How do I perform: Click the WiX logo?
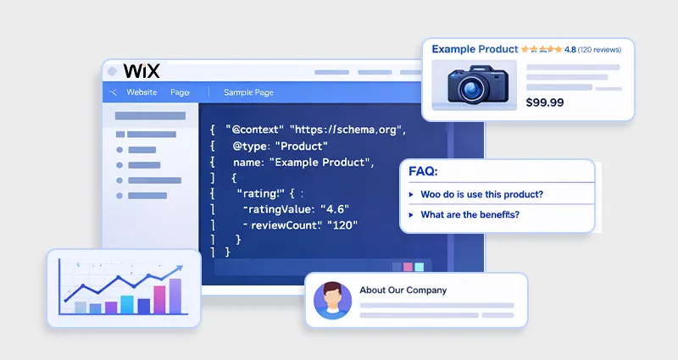click(x=141, y=70)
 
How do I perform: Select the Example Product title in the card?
click(x=475, y=49)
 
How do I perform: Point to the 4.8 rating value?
click(x=570, y=50)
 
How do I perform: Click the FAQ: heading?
click(x=423, y=171)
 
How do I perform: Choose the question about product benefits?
click(x=470, y=214)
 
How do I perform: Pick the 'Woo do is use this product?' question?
click(x=481, y=194)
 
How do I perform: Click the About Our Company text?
click(x=403, y=291)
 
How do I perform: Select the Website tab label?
click(x=142, y=92)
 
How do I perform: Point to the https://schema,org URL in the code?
click(x=348, y=130)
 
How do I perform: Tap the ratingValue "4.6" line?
click(x=297, y=209)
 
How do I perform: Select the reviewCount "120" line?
click(x=303, y=225)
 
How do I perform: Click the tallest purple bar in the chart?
click(x=175, y=296)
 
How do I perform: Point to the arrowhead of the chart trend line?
click(x=179, y=270)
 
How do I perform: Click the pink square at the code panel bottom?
click(x=408, y=266)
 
